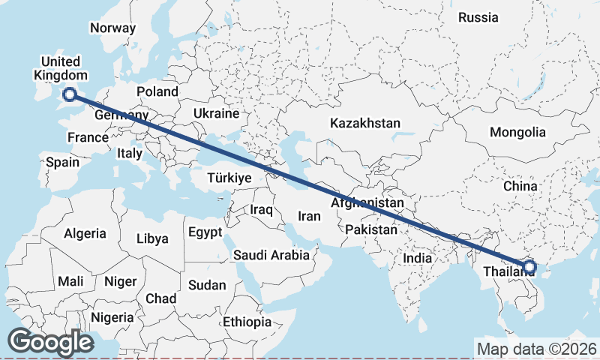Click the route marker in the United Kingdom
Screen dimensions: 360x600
[x=70, y=94]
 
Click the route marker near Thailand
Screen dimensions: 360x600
[x=529, y=266]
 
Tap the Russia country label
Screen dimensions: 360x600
[x=478, y=17]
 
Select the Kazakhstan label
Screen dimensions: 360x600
[x=365, y=123]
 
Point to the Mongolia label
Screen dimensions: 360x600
[x=517, y=132]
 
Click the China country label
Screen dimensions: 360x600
[x=520, y=185]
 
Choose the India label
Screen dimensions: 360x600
[x=417, y=257]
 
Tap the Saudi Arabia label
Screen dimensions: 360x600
[x=271, y=255]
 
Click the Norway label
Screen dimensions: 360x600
[x=112, y=28]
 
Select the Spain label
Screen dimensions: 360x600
[x=62, y=161]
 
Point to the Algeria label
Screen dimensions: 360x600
[x=85, y=233]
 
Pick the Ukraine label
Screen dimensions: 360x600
[x=215, y=114]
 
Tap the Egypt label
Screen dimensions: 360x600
[x=205, y=232]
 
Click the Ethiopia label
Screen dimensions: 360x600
[x=247, y=322]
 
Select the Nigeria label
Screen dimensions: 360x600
[x=112, y=317]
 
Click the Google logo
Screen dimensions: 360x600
[x=50, y=342]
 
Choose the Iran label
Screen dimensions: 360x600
[x=309, y=216]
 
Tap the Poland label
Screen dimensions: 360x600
[x=157, y=91]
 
